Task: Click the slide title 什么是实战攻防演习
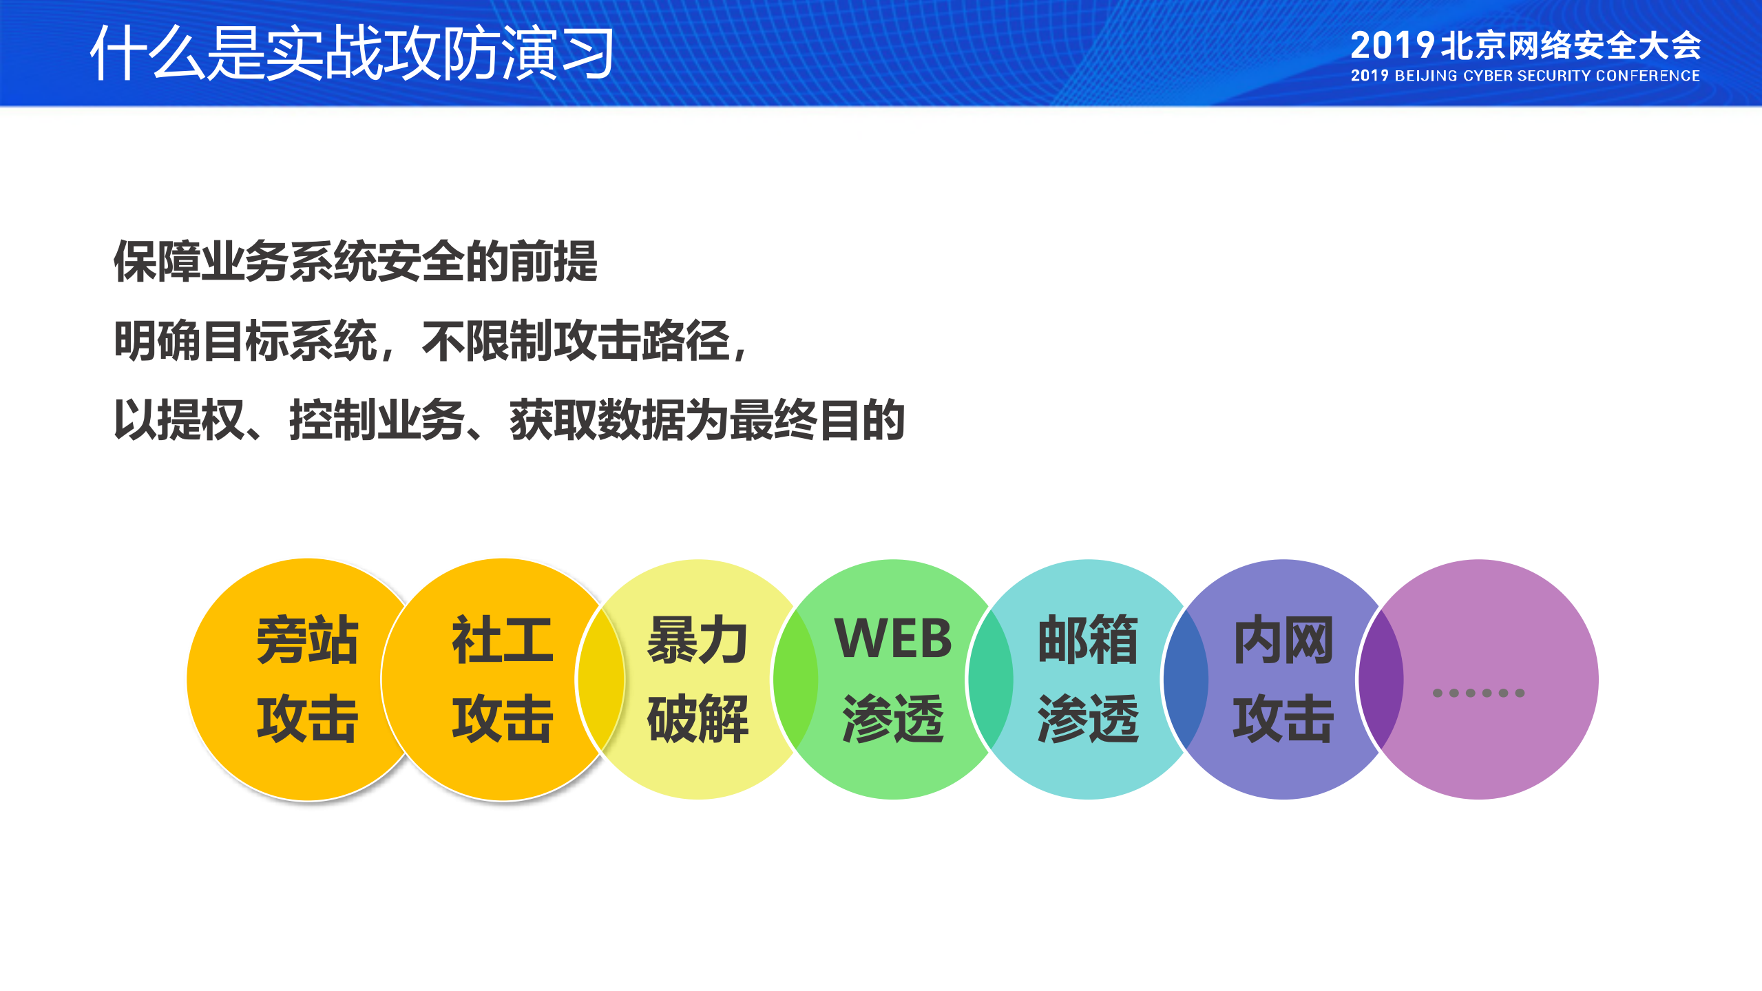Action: [351, 53]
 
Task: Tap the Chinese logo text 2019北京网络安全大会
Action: [1525, 45]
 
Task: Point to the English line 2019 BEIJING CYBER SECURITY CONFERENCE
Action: [1525, 76]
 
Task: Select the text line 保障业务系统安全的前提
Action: [355, 262]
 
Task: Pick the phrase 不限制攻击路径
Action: [576, 341]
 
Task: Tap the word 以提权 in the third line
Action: [179, 420]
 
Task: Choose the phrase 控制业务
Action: [377, 420]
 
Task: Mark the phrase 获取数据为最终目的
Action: [707, 420]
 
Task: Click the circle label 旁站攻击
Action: [307, 679]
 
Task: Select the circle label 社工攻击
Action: [503, 679]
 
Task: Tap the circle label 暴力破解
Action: [698, 679]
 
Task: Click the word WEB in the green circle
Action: [893, 639]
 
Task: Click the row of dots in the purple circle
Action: [1478, 693]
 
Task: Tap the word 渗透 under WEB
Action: [893, 718]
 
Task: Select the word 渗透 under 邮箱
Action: [1088, 718]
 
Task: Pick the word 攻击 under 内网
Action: [1283, 718]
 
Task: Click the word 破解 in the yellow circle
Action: [698, 718]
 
